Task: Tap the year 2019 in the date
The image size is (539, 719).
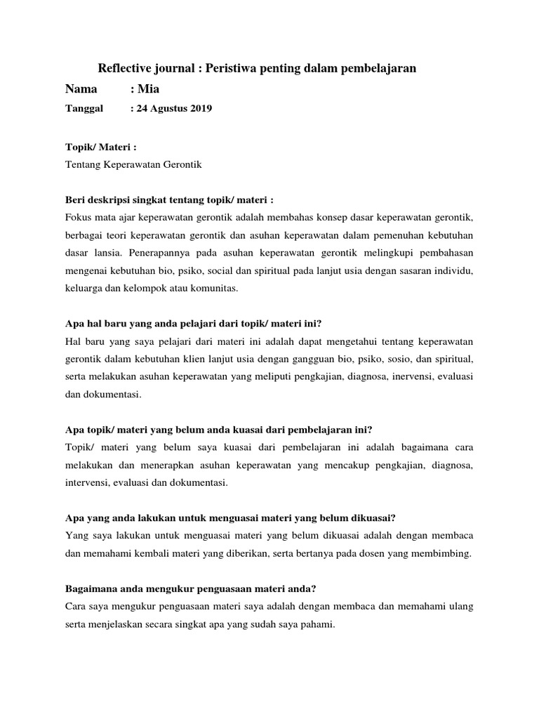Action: click(x=199, y=108)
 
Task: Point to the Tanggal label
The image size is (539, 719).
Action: click(x=84, y=108)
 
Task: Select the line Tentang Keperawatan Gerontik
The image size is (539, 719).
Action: click(x=133, y=164)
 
